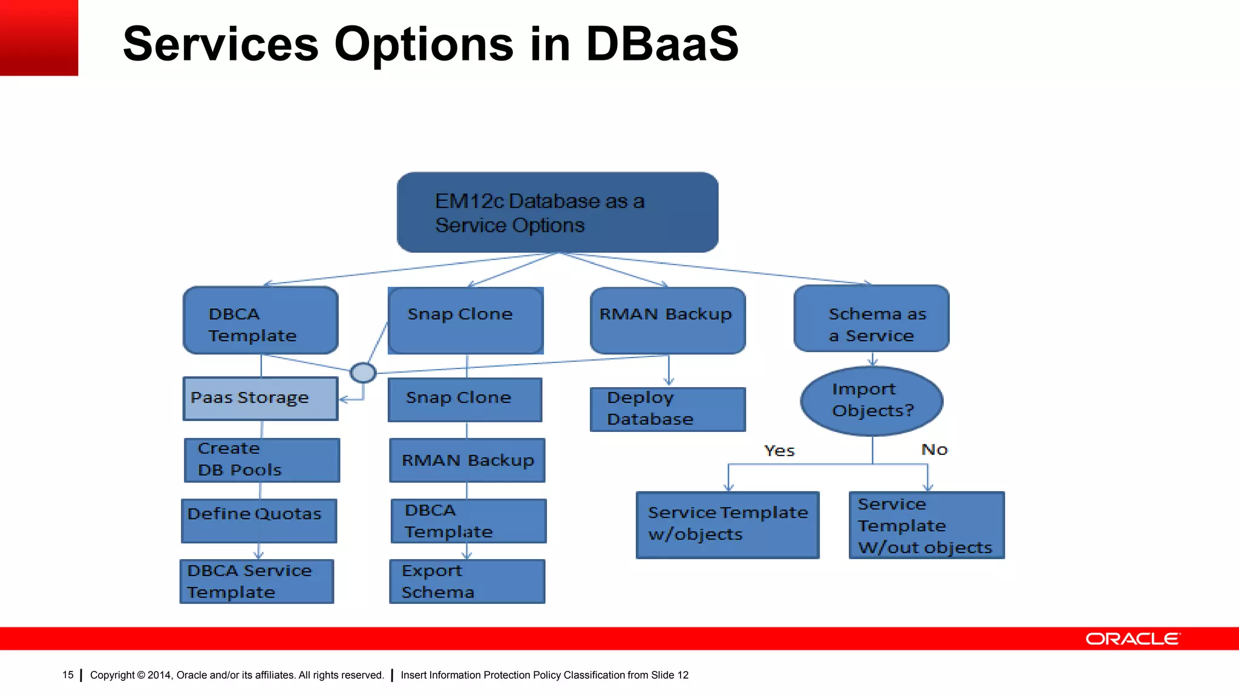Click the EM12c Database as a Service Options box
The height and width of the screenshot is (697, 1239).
[557, 212]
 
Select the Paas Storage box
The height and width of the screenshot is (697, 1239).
[260, 398]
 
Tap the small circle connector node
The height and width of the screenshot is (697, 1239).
[363, 372]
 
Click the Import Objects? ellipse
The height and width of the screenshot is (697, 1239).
[871, 401]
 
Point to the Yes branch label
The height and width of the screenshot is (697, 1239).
[779, 451]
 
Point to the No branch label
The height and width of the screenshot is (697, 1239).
[934, 450]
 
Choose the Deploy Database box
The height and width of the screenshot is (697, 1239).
[667, 409]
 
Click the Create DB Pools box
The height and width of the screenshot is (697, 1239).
[261, 460]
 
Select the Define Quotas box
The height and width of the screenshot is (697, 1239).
[259, 520]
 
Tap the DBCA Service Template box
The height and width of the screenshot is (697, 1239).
[257, 581]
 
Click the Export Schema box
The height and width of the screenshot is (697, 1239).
[466, 581]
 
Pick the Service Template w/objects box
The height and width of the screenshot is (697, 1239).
[727, 524]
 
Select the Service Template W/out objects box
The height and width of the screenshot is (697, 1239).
[926, 525]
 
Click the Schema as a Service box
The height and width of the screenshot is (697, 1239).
[871, 319]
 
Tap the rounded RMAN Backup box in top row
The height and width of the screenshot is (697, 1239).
[667, 320]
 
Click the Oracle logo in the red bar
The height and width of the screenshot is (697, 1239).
[1132, 639]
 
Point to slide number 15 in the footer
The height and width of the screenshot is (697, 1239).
[68, 675]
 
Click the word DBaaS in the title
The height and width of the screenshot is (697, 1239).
[662, 44]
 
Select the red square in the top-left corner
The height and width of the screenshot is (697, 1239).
[39, 38]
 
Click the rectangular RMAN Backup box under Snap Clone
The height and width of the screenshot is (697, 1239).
[466, 460]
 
